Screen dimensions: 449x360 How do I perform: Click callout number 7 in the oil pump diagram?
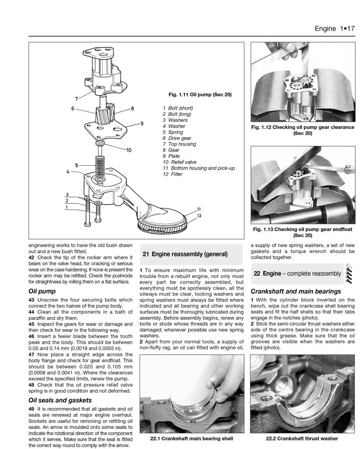77,98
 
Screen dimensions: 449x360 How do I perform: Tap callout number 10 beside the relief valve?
129,150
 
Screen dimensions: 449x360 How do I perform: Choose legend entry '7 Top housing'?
179,144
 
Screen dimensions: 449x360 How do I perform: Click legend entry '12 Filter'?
173,174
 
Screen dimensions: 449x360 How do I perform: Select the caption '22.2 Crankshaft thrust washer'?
302,439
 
